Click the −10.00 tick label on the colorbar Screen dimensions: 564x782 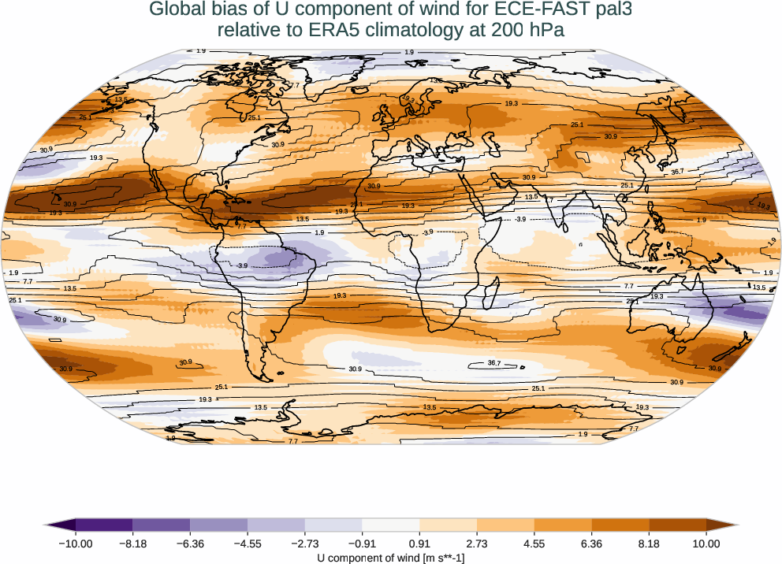pos(76,543)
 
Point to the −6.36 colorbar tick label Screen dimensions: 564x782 pos(190,543)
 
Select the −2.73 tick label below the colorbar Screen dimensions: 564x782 pos(304,543)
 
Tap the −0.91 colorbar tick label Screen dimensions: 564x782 pos(362,543)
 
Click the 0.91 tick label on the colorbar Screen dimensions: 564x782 pos(419,543)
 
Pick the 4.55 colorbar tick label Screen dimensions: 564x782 pos(534,543)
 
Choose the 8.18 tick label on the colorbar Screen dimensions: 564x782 pos(649,543)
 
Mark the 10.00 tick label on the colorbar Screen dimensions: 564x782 pos(706,543)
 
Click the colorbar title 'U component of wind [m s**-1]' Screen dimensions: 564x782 pos(391,558)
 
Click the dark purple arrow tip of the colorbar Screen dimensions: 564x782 pos(50,524)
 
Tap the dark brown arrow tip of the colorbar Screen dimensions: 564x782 pos(732,524)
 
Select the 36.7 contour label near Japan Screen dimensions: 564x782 pos(676,171)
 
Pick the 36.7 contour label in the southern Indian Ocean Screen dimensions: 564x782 pos(494,363)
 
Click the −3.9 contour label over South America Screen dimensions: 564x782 pos(243,266)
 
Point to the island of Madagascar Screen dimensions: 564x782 pos(490,298)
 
